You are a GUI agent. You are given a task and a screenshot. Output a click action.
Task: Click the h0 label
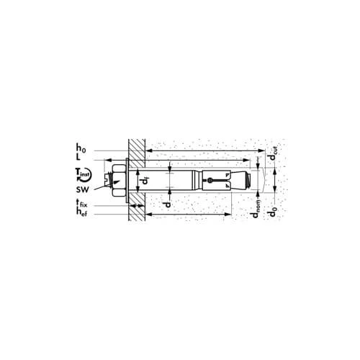click(81, 148)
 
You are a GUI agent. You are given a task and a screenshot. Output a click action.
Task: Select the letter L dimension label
click(78, 157)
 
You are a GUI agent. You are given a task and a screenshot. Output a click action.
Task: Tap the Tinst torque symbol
click(83, 174)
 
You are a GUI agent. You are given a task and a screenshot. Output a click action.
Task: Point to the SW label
click(83, 189)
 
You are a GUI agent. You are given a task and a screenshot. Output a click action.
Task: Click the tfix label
click(81, 204)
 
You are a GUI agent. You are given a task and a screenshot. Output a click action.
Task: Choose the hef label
click(81, 212)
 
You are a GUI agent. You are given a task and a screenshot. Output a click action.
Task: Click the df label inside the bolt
click(145, 181)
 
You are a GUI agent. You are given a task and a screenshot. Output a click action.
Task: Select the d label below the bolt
click(167, 204)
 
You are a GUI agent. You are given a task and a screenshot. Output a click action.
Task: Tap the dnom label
click(256, 208)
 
